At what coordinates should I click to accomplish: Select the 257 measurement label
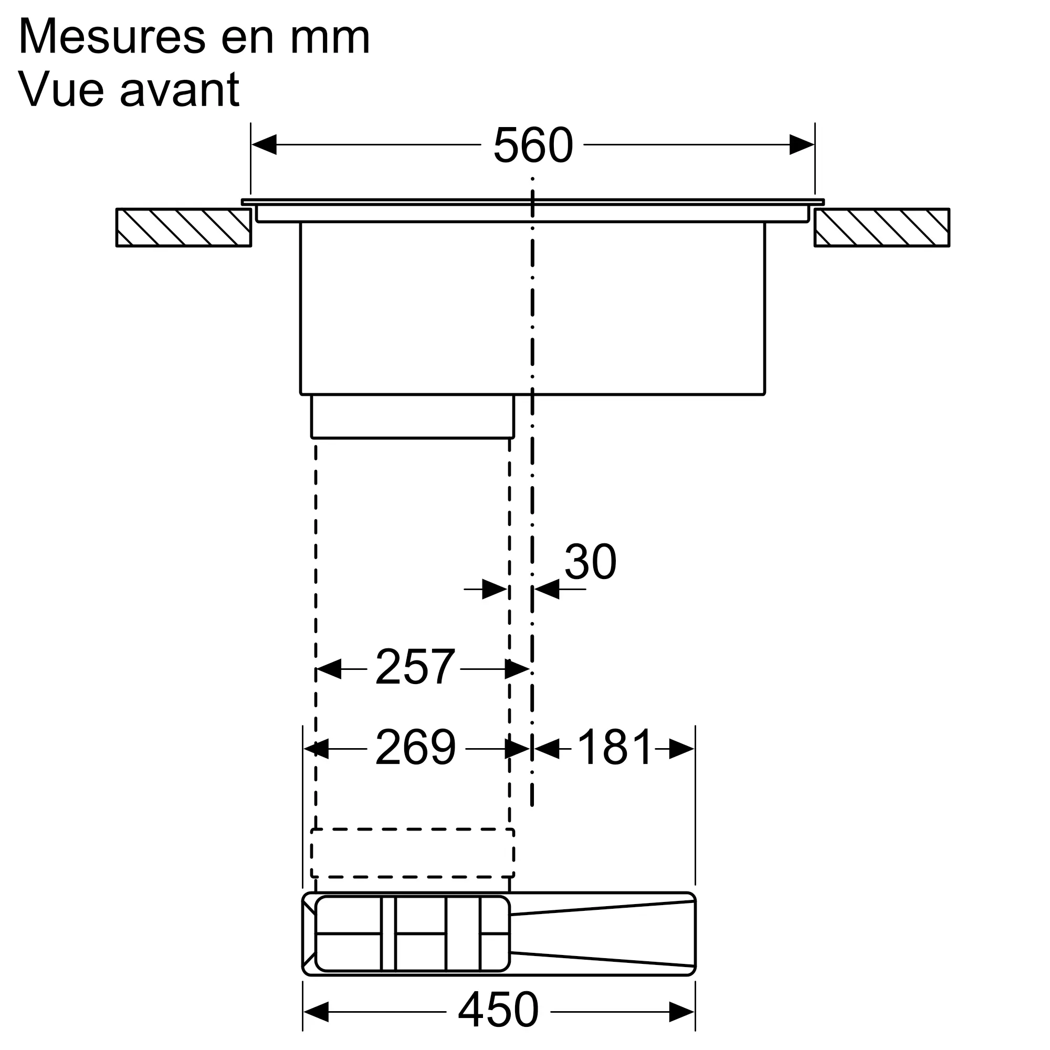pyautogui.click(x=415, y=667)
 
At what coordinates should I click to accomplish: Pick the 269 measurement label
pyautogui.click(x=415, y=748)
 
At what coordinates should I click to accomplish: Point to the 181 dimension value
pyautogui.click(x=614, y=748)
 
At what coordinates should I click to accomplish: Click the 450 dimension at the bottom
pyautogui.click(x=498, y=1009)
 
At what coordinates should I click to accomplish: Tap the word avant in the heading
pyautogui.click(x=180, y=89)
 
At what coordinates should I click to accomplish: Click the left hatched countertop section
pyautogui.click(x=184, y=228)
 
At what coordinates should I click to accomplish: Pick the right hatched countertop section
pyautogui.click(x=881, y=228)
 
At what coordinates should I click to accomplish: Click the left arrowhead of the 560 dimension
pyautogui.click(x=264, y=144)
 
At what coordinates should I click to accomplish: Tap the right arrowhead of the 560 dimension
pyautogui.click(x=802, y=144)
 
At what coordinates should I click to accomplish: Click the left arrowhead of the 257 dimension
pyautogui.click(x=328, y=669)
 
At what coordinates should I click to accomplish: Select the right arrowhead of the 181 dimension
pyautogui.click(x=681, y=749)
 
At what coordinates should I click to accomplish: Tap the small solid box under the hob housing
pyautogui.click(x=413, y=416)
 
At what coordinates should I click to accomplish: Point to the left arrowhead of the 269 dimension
pyautogui.click(x=316, y=749)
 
